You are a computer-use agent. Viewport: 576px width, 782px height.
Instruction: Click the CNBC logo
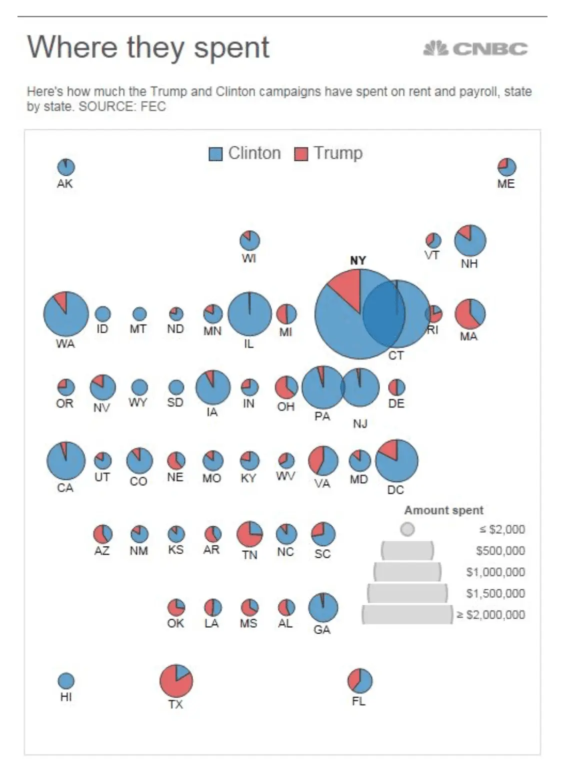[x=475, y=48]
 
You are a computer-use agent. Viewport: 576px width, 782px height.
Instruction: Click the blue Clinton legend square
[x=215, y=154]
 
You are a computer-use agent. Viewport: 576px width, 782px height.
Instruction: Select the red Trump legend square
[x=301, y=154]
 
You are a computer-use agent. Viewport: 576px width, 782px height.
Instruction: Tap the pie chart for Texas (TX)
[x=176, y=681]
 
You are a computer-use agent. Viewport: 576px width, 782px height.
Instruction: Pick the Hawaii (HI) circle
[x=66, y=681]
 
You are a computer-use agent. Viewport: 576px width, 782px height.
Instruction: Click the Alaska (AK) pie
[x=66, y=167]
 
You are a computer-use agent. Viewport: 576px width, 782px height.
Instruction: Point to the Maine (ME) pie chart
[x=506, y=167]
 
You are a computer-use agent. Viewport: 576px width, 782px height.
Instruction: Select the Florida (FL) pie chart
[x=359, y=681]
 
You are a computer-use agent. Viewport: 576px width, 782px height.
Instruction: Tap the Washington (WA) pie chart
[x=66, y=314]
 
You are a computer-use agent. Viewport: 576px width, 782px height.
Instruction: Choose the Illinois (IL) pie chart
[x=249, y=314]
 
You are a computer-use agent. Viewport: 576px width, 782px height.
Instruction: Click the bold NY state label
[x=358, y=260]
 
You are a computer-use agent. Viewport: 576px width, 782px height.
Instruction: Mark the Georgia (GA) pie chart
[x=323, y=608]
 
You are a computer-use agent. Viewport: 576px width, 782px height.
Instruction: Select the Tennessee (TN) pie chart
[x=249, y=534]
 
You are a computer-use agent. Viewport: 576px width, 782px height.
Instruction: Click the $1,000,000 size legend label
[x=495, y=572]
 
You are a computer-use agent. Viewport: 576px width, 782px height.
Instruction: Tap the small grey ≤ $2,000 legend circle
[x=407, y=529]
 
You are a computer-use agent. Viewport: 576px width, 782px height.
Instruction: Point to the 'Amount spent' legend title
[x=443, y=510]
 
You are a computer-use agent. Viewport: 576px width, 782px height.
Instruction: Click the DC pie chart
[x=396, y=460]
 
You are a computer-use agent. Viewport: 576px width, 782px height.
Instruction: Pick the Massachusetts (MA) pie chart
[x=469, y=314]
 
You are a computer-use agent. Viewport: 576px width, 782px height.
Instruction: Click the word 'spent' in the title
[x=231, y=48]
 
